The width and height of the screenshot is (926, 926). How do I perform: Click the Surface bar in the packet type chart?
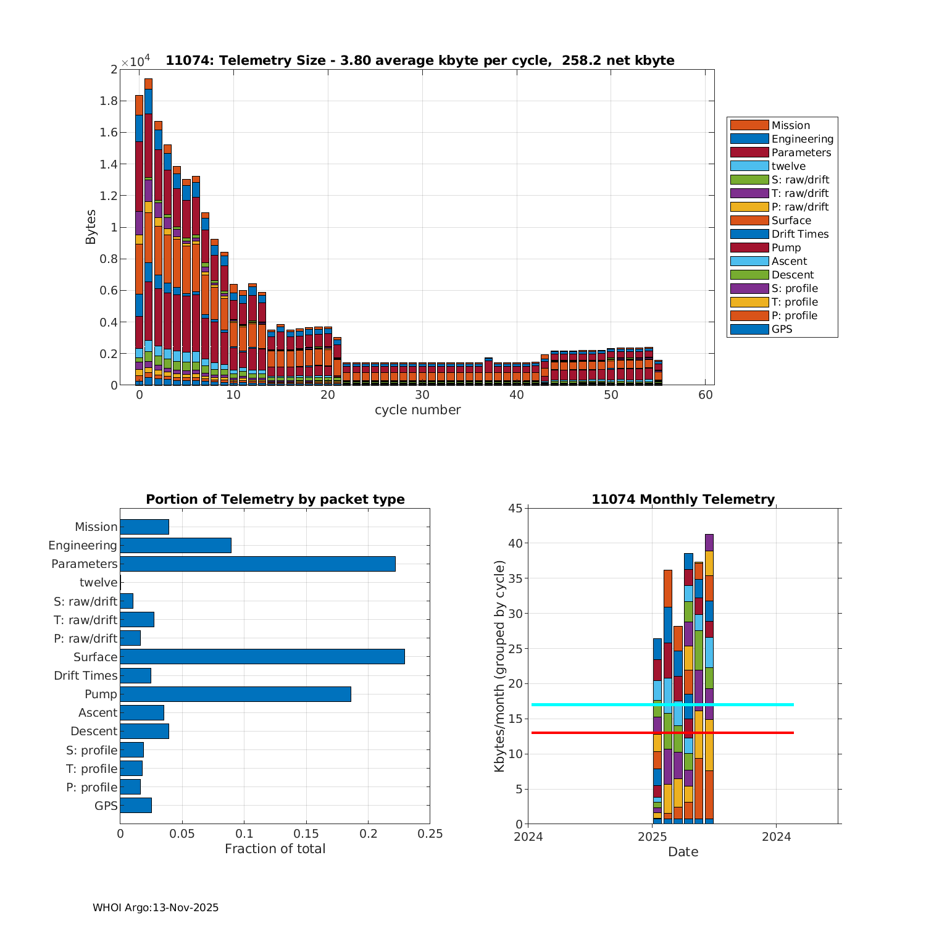[x=262, y=657]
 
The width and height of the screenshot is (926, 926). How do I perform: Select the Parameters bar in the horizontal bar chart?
[x=257, y=564]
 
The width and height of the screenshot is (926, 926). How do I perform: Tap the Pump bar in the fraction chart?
[x=235, y=694]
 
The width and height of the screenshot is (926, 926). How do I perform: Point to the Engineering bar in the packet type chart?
[x=175, y=545]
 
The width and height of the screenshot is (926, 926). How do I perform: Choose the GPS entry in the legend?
[x=782, y=329]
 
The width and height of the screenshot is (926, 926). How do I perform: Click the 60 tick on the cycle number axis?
[x=706, y=395]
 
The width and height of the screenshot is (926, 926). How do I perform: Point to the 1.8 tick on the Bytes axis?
[x=108, y=101]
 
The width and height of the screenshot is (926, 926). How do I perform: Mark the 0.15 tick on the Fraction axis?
[x=306, y=834]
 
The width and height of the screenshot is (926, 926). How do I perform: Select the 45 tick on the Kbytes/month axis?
[x=515, y=508]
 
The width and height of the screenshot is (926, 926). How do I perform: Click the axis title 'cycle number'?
[x=417, y=410]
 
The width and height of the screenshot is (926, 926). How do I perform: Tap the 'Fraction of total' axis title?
[x=275, y=849]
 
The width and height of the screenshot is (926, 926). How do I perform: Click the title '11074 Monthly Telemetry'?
[x=683, y=499]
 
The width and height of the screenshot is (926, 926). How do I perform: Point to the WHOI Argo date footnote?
[x=156, y=907]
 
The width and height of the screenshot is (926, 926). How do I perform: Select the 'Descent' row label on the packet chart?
[x=94, y=731]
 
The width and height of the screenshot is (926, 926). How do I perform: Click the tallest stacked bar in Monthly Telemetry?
[x=709, y=679]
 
